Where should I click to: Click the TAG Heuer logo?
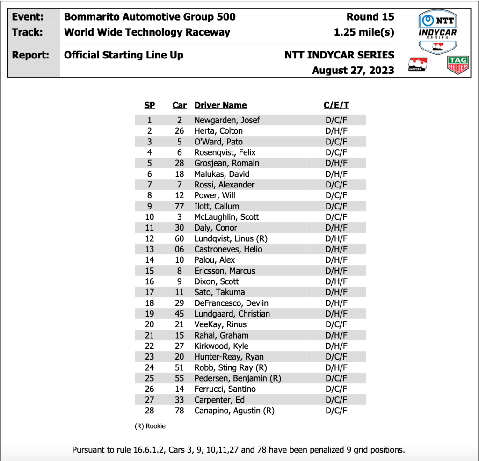(x=458, y=65)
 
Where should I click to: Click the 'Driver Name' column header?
(x=220, y=105)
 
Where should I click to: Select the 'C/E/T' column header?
(x=335, y=105)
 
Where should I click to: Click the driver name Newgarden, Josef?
(x=227, y=120)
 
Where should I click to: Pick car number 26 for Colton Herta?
(x=180, y=131)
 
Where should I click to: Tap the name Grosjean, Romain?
(x=226, y=163)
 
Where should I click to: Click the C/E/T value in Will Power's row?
(x=335, y=195)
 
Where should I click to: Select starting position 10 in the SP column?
(x=150, y=217)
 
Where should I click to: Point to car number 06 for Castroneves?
(x=180, y=249)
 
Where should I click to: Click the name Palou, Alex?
(x=215, y=260)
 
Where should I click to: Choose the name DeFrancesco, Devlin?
(x=231, y=303)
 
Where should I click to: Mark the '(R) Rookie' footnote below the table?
(x=150, y=426)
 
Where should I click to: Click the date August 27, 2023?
(x=353, y=70)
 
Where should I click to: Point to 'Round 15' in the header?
(x=370, y=17)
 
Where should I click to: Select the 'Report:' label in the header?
(x=30, y=55)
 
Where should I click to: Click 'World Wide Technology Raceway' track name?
(x=147, y=32)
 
